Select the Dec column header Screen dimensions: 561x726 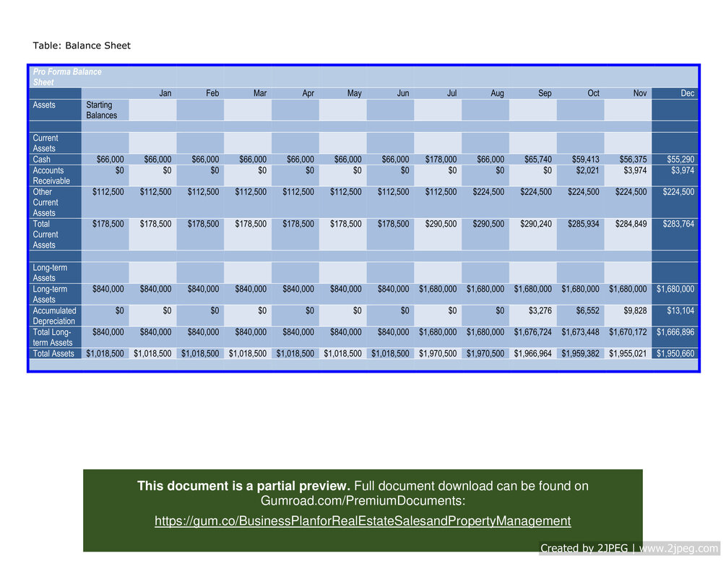687,93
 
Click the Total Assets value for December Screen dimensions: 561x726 675,354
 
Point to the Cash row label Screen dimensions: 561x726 43,159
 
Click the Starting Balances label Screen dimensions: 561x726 102,110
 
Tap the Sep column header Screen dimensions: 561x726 543,93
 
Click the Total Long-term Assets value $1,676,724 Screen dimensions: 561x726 535,332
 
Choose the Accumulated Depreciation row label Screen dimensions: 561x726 54,316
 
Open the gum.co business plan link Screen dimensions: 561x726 363,521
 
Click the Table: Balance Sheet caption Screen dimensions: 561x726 82,45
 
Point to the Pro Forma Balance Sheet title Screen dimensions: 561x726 67,77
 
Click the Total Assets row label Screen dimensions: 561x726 53,354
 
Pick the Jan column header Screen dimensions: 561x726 165,93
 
